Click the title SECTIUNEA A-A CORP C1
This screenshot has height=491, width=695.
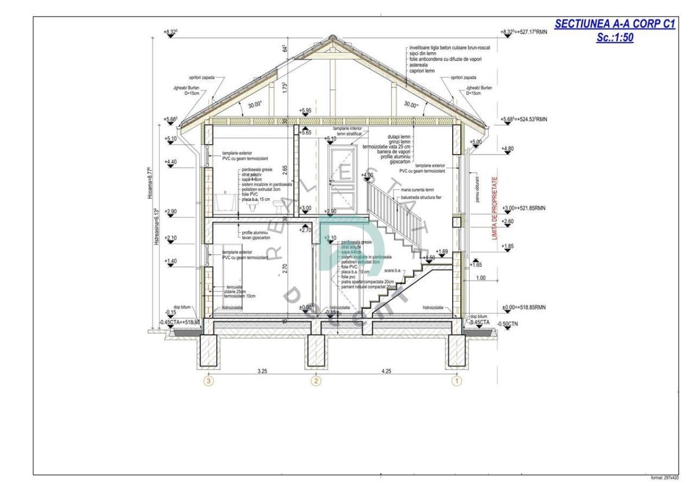615,24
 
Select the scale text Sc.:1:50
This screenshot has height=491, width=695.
615,38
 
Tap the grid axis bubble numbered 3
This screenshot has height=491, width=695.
209,381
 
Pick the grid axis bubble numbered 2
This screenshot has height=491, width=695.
316,381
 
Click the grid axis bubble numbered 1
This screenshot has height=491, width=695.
457,381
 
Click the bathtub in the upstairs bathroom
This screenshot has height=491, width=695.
224,203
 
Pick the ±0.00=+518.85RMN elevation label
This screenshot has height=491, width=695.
525,307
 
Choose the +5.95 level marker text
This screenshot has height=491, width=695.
306,110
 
